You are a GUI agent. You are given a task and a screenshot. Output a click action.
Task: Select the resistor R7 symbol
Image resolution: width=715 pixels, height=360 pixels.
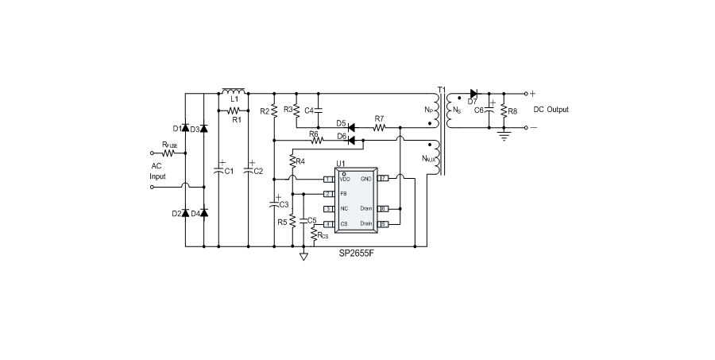click(379, 126)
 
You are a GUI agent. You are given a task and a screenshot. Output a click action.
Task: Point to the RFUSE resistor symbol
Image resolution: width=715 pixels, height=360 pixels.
click(169, 152)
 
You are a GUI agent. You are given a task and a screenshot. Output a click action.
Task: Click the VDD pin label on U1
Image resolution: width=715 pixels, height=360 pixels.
click(345, 179)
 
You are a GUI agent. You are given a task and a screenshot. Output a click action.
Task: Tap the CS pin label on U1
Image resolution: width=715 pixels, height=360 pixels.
click(344, 224)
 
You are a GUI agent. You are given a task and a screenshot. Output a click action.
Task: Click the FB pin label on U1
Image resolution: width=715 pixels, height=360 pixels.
click(343, 194)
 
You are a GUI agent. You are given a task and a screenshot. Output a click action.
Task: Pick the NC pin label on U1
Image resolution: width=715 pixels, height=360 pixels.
click(344, 209)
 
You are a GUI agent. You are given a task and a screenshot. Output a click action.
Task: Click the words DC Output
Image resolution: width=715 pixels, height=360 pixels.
click(551, 110)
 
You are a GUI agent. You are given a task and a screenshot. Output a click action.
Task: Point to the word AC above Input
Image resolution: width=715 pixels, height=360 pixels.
click(157, 166)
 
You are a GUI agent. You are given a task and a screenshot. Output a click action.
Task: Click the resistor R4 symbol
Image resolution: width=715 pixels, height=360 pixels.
click(292, 162)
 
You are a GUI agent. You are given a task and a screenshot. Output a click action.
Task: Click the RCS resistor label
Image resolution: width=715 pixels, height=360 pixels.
click(322, 235)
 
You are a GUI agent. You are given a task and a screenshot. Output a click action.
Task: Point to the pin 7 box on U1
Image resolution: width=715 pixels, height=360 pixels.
click(383, 179)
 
